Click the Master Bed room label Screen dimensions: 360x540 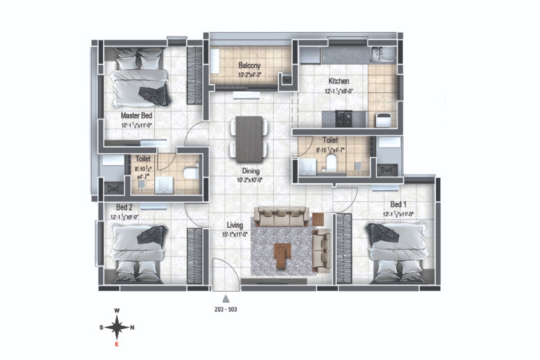(x=136, y=116)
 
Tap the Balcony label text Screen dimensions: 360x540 (x=249, y=66)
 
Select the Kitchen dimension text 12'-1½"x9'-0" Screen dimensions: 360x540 (x=338, y=91)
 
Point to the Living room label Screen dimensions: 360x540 (x=235, y=225)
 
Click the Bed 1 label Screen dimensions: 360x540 (x=398, y=204)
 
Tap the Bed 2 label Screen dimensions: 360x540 (x=124, y=207)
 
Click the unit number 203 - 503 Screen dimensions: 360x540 (x=226, y=310)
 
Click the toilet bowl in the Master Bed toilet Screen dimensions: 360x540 (x=190, y=172)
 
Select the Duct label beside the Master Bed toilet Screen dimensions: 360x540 (x=113, y=188)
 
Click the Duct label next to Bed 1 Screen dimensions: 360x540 (x=386, y=170)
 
